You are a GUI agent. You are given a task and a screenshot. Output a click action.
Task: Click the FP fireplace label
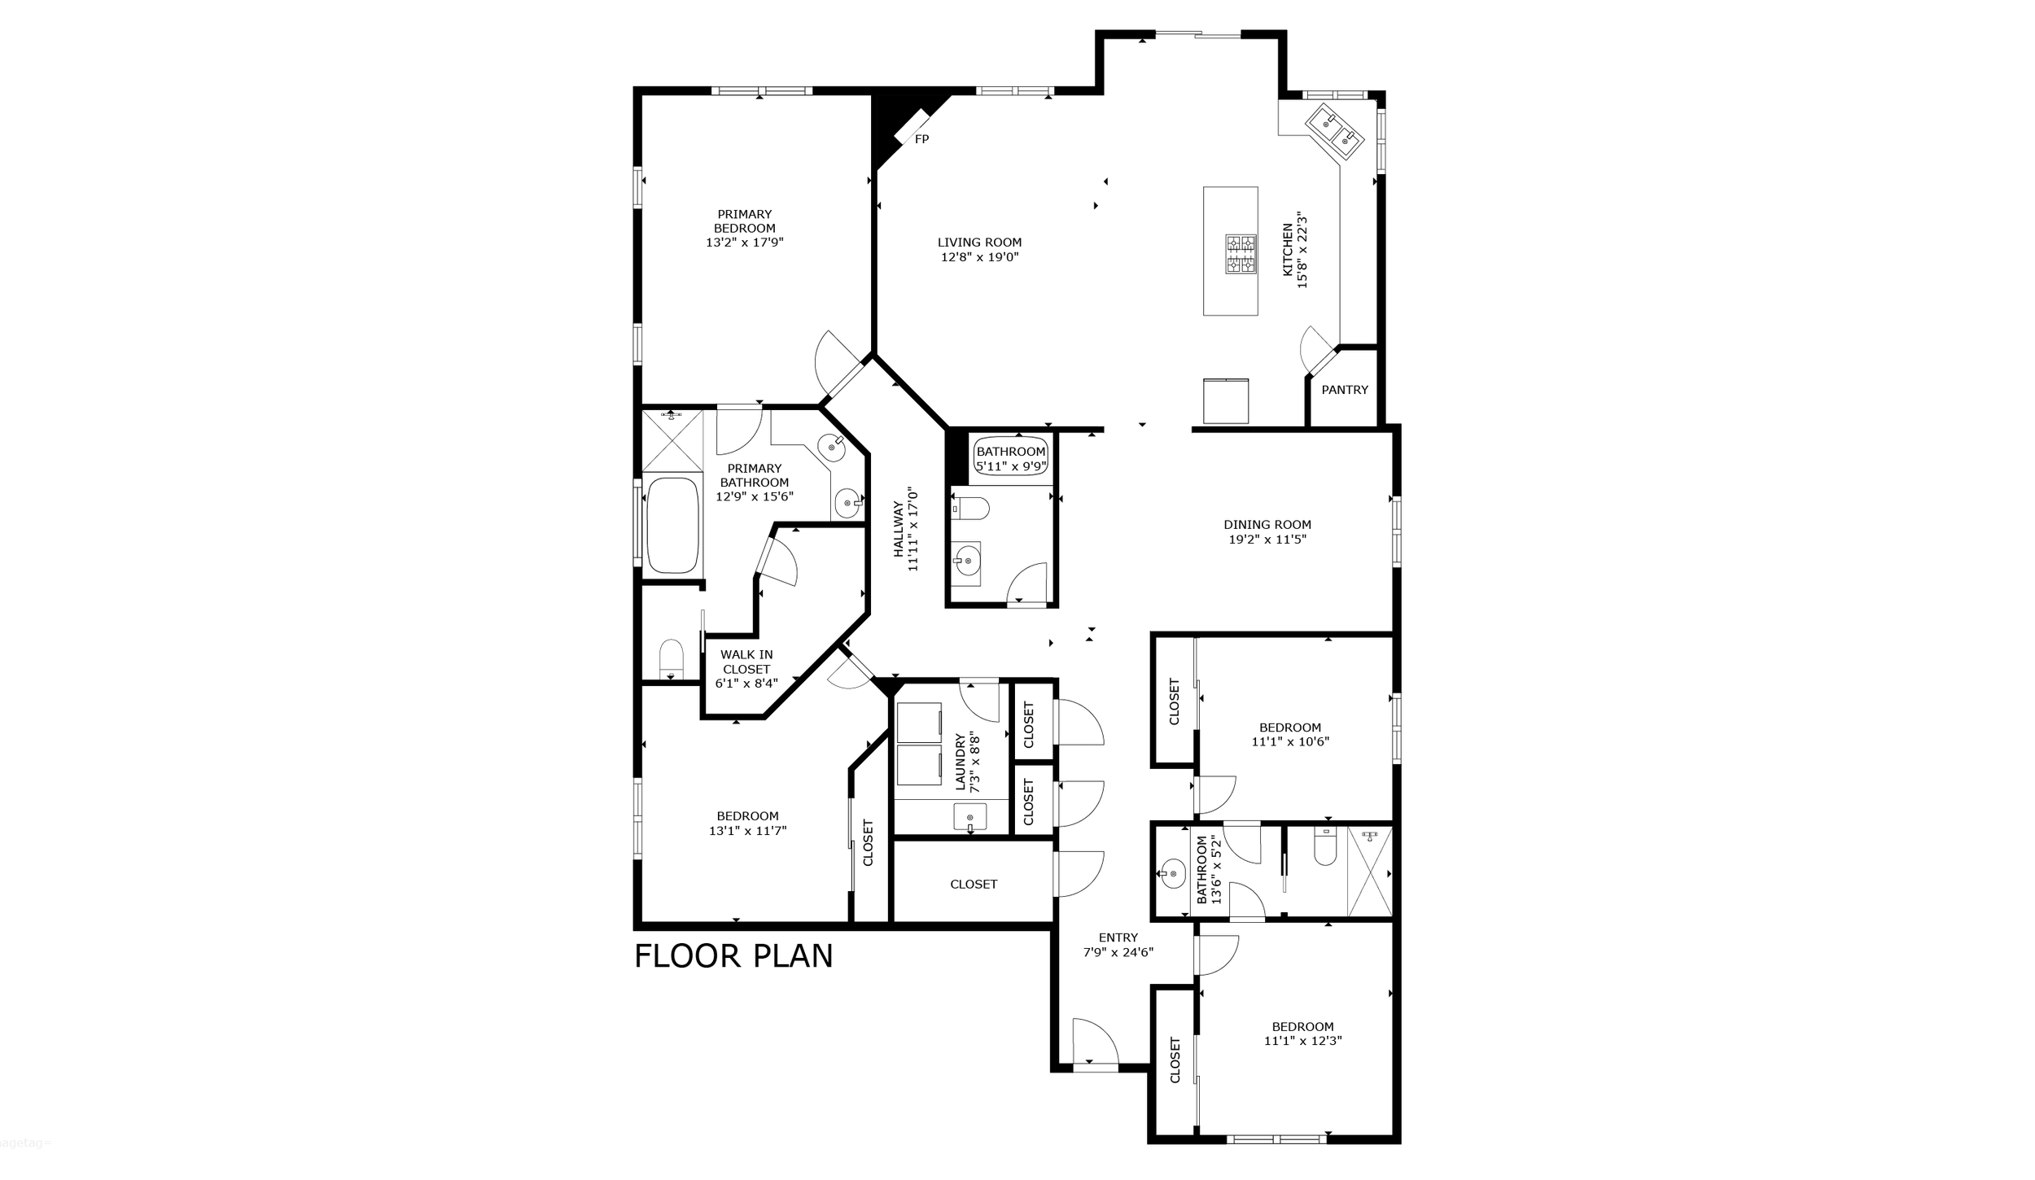click(x=921, y=139)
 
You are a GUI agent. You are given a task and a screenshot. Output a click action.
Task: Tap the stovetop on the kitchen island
click(x=1241, y=254)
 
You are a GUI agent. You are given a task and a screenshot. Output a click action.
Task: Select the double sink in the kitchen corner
click(x=1335, y=131)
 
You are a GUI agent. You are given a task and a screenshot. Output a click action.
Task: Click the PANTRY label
click(x=1345, y=390)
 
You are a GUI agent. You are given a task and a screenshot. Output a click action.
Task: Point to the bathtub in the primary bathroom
click(x=672, y=525)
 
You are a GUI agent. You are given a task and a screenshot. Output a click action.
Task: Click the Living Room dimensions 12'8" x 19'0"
click(x=979, y=257)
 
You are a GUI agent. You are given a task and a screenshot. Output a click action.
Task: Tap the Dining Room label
click(x=1267, y=525)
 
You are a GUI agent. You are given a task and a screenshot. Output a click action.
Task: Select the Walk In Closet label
click(x=746, y=662)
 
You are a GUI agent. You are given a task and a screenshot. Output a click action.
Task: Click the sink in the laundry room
click(x=969, y=817)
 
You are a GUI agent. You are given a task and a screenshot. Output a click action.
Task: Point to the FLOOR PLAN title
click(x=733, y=956)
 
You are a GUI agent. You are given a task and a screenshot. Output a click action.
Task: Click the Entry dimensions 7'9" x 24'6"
click(x=1118, y=952)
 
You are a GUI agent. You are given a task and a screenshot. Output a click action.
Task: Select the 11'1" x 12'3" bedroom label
click(x=1302, y=1034)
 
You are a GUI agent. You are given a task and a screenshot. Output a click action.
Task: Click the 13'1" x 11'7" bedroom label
click(x=747, y=824)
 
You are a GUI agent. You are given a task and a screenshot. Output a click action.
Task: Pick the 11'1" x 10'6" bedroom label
click(x=1290, y=735)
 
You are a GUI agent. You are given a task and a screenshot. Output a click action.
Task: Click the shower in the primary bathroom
click(x=672, y=440)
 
